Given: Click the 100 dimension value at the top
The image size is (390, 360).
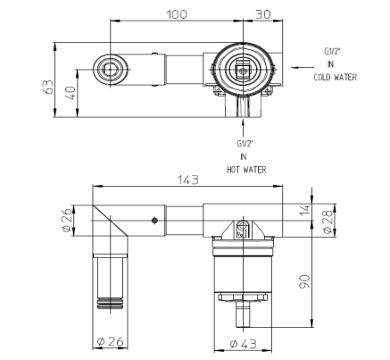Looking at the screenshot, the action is point(177,13).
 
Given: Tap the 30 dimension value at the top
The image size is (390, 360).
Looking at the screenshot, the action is point(263,13).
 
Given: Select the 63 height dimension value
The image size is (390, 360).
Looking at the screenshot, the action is point(49,87).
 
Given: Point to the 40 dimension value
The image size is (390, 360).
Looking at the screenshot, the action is point(71,93).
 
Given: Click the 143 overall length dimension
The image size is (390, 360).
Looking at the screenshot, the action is point(188,180).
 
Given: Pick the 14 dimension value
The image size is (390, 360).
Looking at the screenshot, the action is point(305,210).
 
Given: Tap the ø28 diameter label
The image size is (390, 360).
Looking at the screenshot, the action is point(328,222).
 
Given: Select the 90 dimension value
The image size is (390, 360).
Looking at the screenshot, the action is point(304,281).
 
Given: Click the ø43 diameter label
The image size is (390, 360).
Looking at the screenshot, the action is point(243,344).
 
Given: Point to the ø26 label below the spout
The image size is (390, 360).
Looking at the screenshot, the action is point(111,341).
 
